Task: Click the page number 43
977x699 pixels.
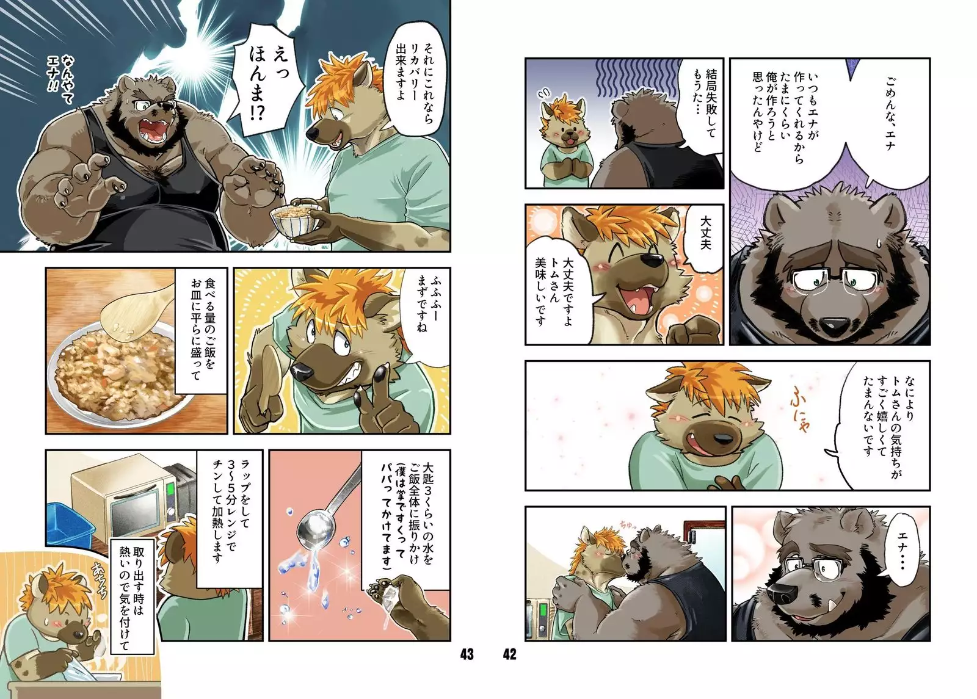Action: point(467,654)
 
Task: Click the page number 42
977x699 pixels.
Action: point(509,654)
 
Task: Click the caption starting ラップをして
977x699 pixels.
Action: point(230,507)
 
